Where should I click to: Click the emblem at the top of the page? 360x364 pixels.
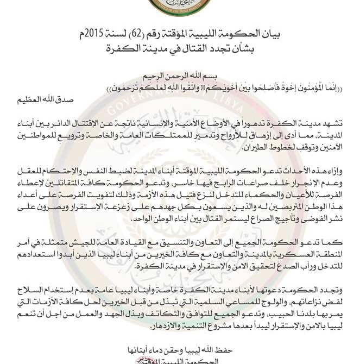pos(180,8)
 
